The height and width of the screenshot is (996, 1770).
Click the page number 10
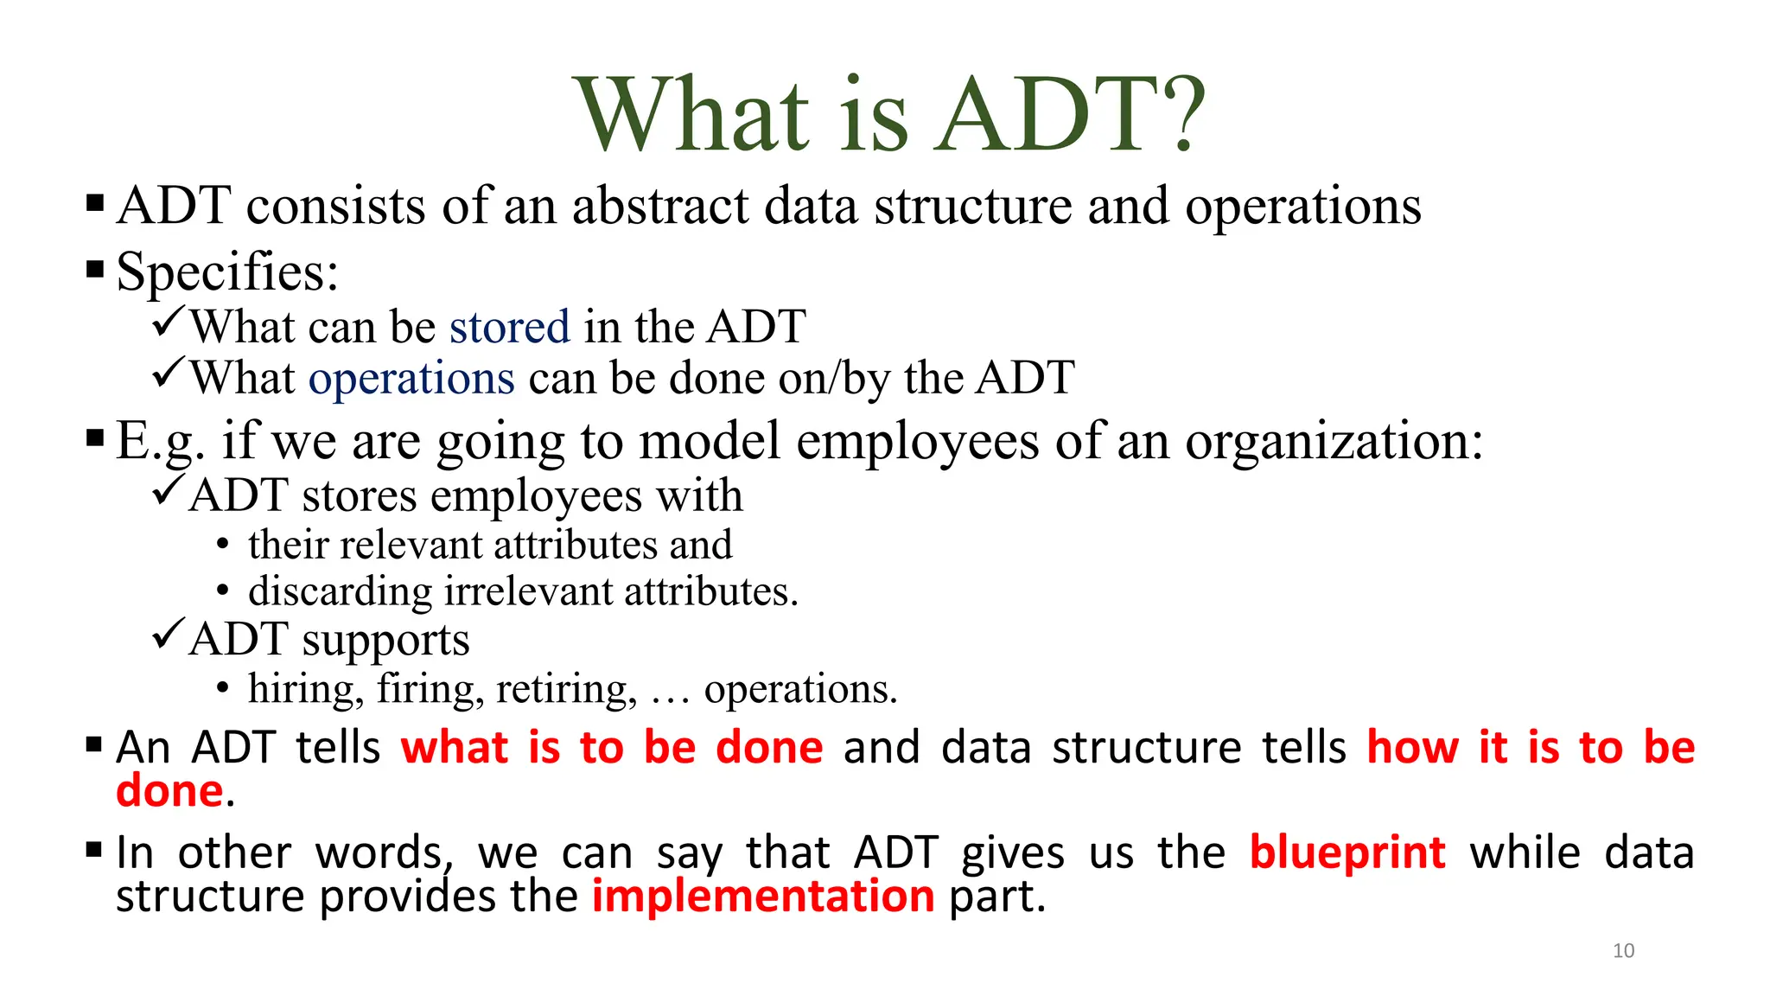[1623, 951]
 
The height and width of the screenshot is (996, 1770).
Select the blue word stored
[510, 327]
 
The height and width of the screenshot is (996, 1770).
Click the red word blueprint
[1347, 853]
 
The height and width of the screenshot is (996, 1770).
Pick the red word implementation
[763, 897]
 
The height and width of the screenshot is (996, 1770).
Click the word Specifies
[226, 272]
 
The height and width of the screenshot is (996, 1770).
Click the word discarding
[340, 592]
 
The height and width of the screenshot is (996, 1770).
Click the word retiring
[566, 690]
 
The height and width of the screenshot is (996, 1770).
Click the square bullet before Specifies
[95, 270]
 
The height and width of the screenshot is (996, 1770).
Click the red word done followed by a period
[169, 791]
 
